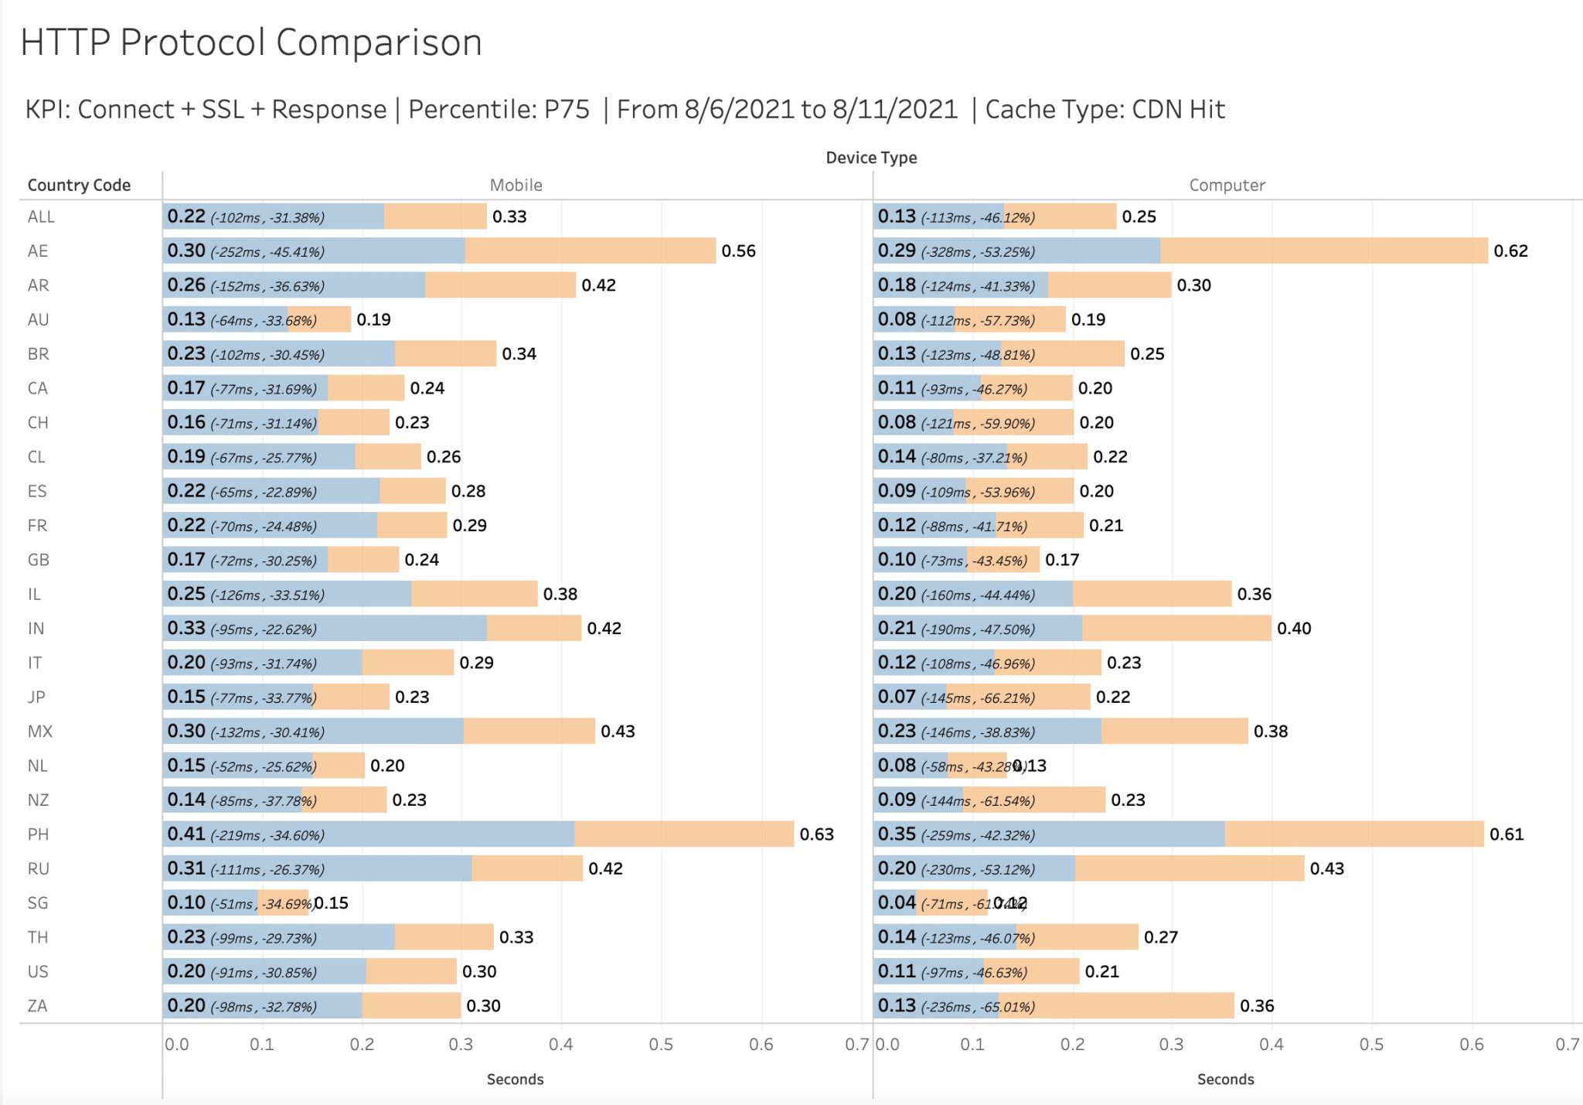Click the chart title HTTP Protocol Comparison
(x=251, y=43)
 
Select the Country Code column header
(x=79, y=185)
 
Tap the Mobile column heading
(x=516, y=185)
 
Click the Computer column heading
(x=1227, y=185)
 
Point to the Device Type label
(x=871, y=158)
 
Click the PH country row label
(x=38, y=834)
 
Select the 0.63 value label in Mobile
(x=816, y=834)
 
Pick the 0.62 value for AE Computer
(x=1510, y=251)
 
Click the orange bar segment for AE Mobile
(x=590, y=251)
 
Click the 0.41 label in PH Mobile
(x=186, y=834)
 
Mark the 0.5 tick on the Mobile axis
(x=661, y=1045)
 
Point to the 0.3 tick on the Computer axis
(x=1171, y=1045)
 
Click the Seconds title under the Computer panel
(x=1225, y=1079)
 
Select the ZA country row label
(x=37, y=1006)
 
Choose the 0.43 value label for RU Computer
(x=1326, y=868)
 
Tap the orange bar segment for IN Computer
(x=1176, y=628)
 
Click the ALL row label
(x=41, y=217)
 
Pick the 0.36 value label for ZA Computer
(x=1257, y=1006)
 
